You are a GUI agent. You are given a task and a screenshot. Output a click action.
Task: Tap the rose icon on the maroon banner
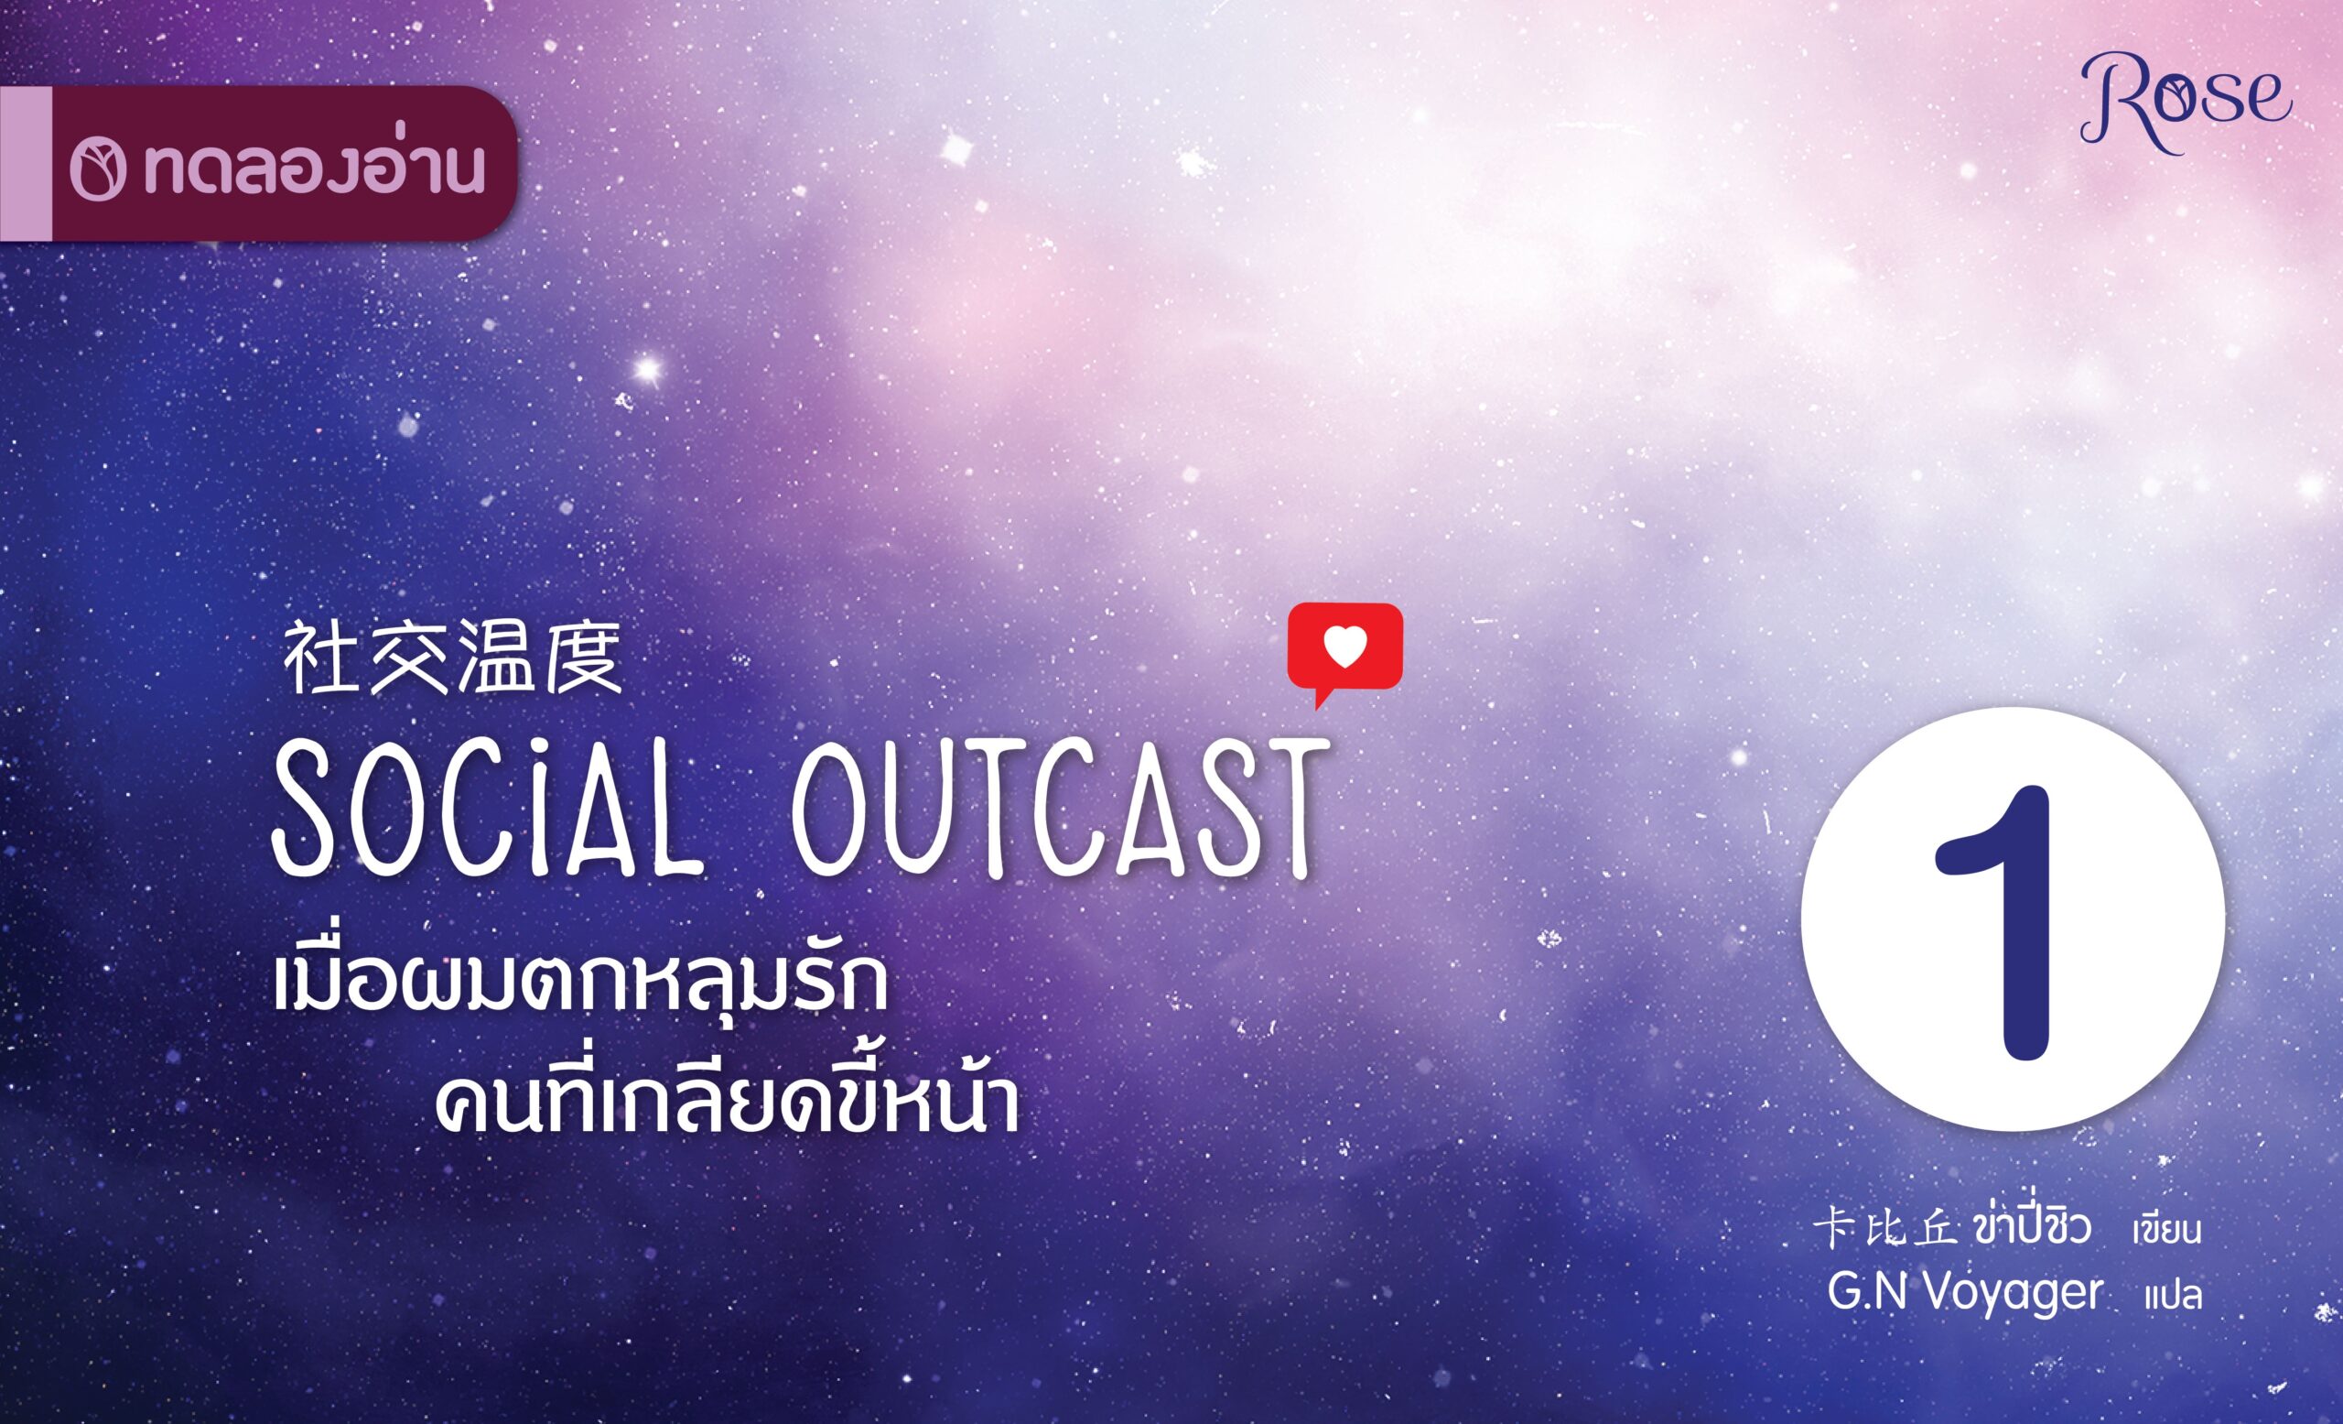tap(98, 172)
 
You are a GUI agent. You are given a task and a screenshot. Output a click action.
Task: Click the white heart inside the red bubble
tap(1344, 646)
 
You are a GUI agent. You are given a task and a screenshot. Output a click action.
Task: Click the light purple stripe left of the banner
tap(26, 163)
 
